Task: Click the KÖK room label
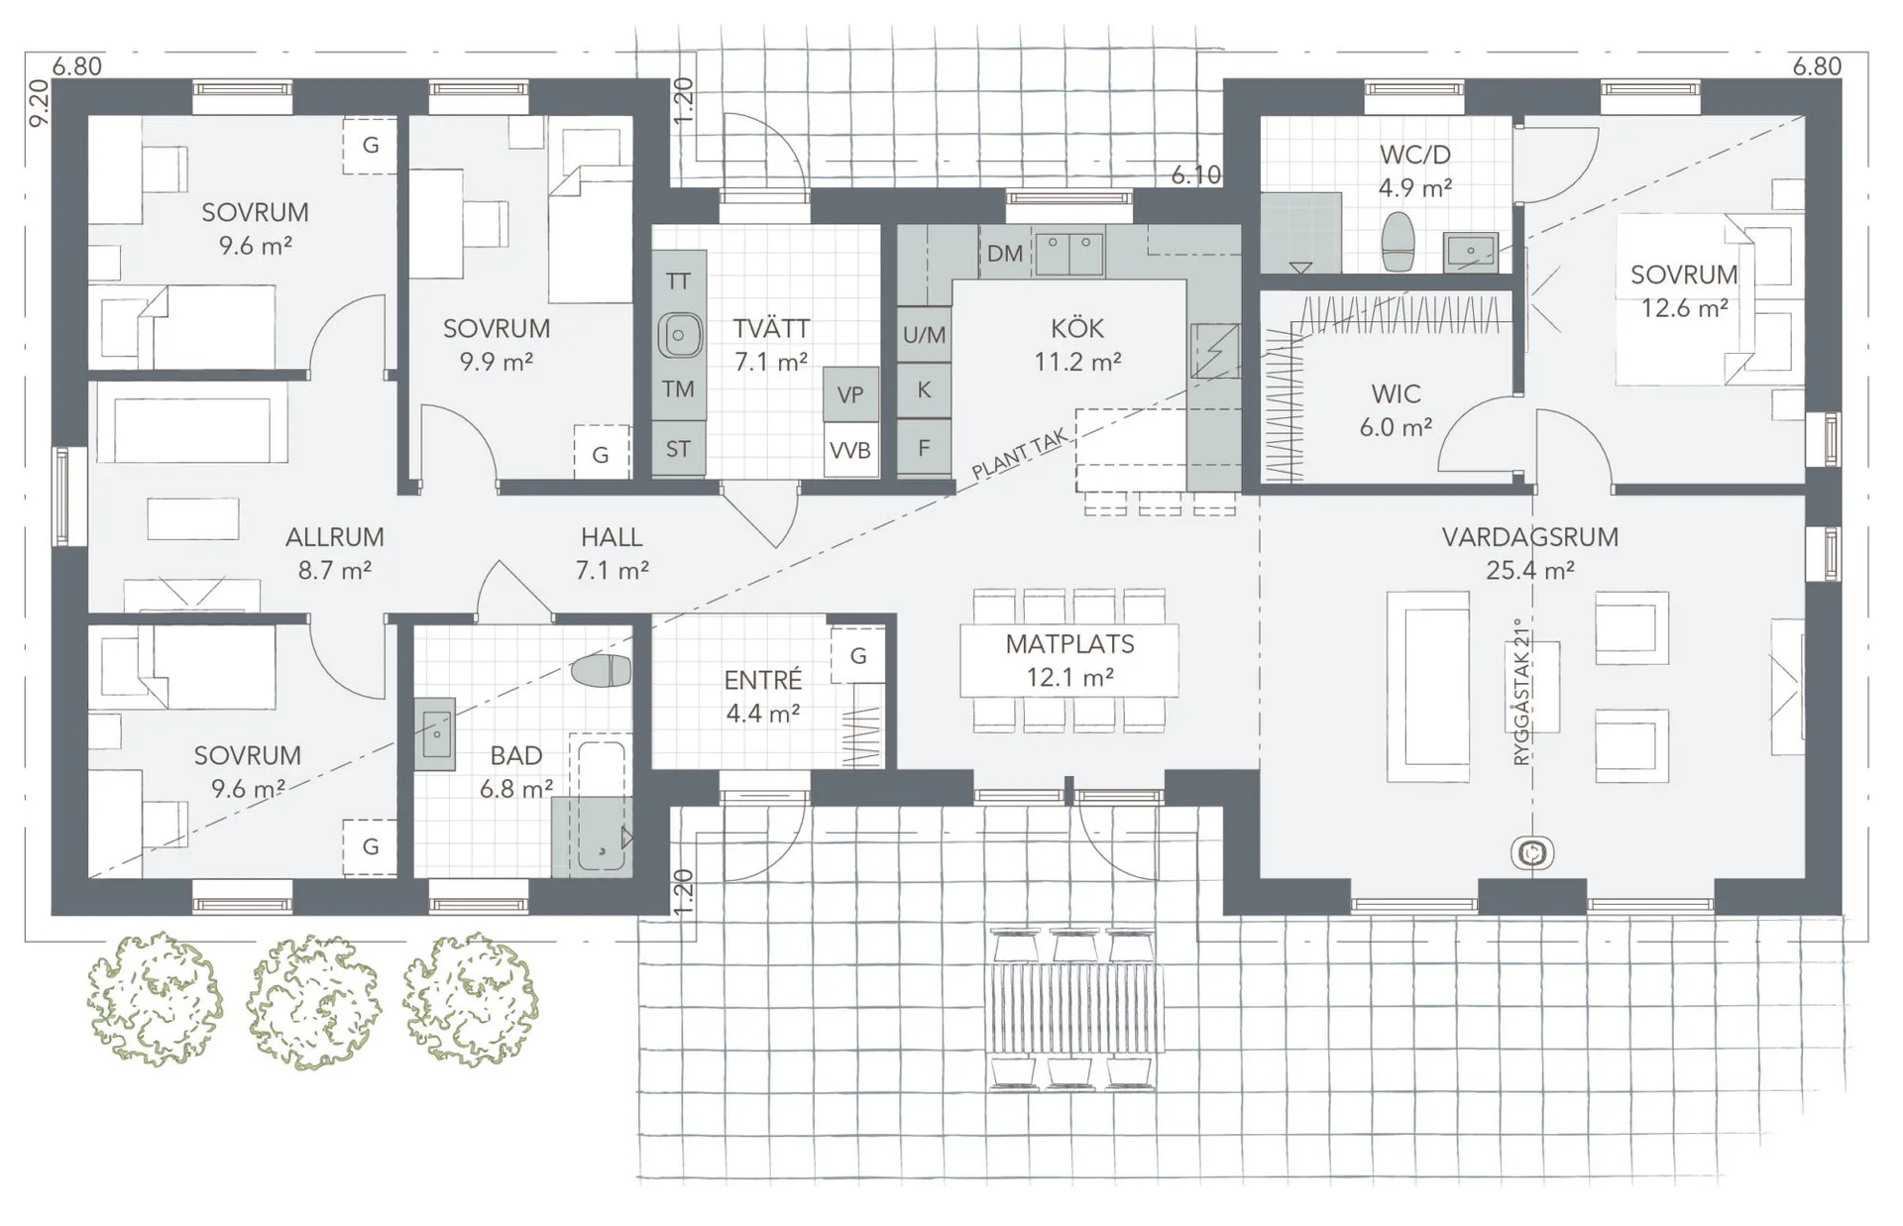click(1077, 329)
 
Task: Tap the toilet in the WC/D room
click(1398, 241)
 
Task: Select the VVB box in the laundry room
click(850, 451)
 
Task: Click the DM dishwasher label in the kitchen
click(1004, 254)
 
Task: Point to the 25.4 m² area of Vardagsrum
click(1529, 571)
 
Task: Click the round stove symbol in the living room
click(1532, 852)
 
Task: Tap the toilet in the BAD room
click(602, 670)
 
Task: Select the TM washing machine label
click(678, 390)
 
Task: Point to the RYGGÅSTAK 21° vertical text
click(1522, 693)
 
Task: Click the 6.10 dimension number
click(1195, 175)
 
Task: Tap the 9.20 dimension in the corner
click(39, 103)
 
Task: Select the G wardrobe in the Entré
click(858, 655)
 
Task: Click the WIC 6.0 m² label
click(1396, 410)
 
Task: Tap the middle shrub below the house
click(313, 1001)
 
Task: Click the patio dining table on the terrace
click(1074, 1009)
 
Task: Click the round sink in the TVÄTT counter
click(679, 335)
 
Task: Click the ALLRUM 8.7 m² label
click(334, 553)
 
